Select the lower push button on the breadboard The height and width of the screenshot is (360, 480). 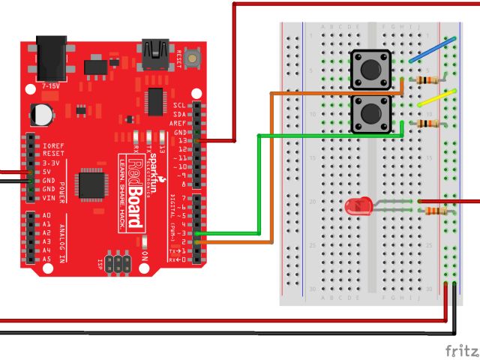371,115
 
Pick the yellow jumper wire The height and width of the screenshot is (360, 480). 436,97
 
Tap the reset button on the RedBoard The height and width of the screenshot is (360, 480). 193,56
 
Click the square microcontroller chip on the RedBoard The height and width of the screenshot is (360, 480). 91,182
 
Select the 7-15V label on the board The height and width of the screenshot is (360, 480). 52,86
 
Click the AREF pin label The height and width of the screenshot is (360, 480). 178,122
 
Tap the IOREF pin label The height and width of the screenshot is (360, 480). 52,145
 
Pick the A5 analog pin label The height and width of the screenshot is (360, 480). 46,259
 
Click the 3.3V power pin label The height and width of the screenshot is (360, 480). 51,163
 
